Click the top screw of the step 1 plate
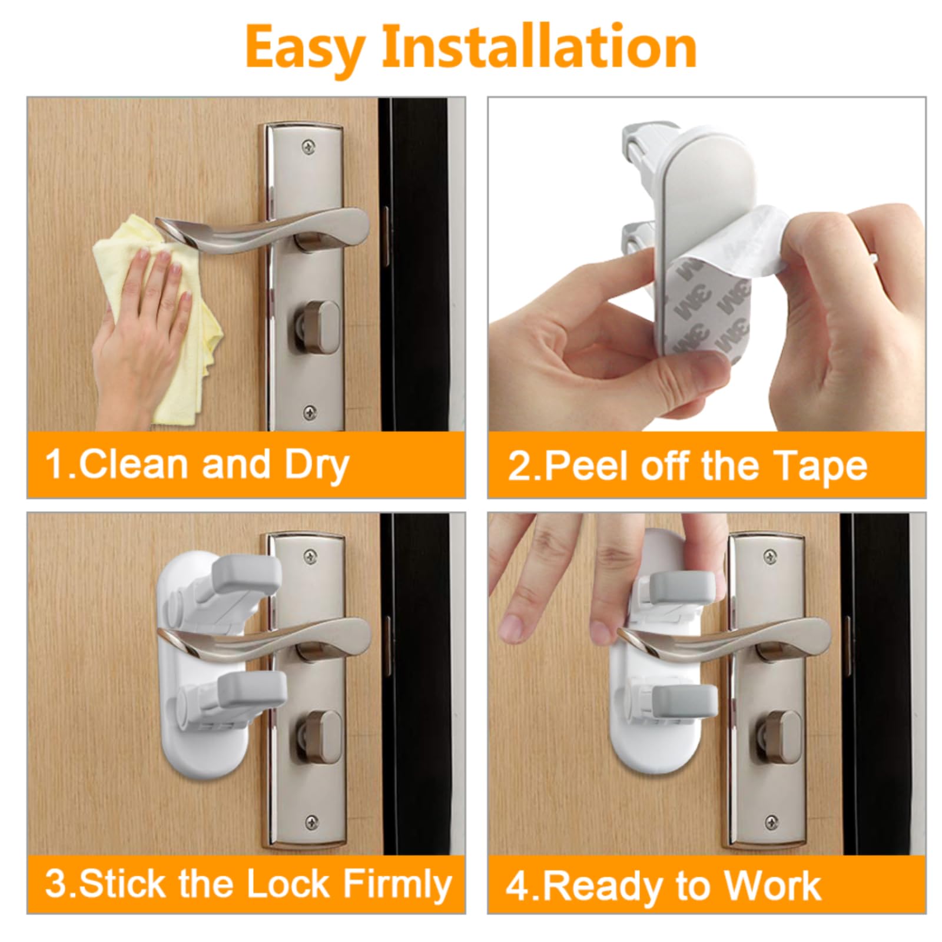[307, 145]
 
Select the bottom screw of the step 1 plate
[309, 410]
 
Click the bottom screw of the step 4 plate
[771, 821]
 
